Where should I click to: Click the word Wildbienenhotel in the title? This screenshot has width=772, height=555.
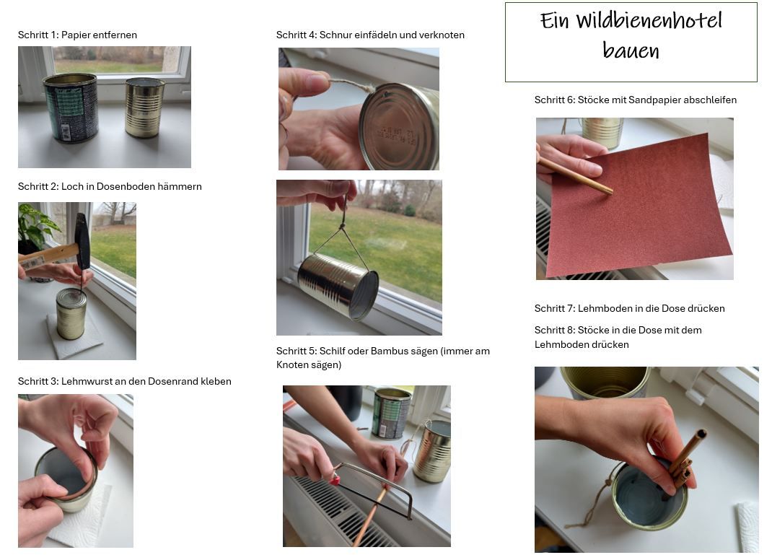(649, 21)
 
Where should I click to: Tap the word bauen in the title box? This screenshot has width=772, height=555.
(631, 51)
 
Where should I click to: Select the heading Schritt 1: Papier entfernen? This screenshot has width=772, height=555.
(77, 35)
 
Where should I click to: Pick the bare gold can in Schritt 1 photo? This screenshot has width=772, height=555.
(144, 108)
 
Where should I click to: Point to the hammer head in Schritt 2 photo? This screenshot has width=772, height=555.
(83, 241)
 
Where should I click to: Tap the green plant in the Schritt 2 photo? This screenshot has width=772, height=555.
(36, 227)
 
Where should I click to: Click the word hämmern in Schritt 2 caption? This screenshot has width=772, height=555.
(180, 186)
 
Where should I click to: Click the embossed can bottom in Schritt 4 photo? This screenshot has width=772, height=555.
(398, 127)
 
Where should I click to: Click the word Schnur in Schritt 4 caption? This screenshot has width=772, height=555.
(335, 35)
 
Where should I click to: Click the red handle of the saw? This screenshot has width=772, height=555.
(335, 478)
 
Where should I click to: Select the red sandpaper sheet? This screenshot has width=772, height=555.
(642, 209)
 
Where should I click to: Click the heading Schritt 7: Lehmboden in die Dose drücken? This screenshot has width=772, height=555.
(629, 308)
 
